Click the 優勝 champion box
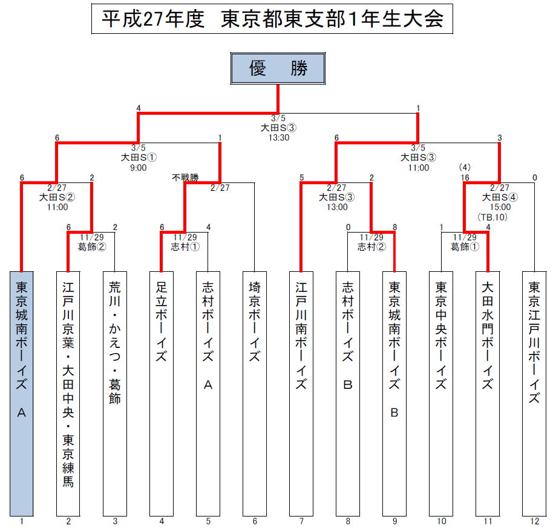(x=278, y=68)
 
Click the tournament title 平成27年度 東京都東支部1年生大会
(x=272, y=19)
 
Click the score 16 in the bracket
(x=465, y=178)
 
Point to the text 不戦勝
(x=185, y=178)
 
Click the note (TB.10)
(x=492, y=217)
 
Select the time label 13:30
(x=279, y=138)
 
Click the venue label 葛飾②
(x=92, y=246)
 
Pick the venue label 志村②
(x=371, y=246)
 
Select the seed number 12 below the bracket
(x=534, y=521)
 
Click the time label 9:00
(x=139, y=168)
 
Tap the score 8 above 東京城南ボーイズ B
(x=394, y=227)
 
